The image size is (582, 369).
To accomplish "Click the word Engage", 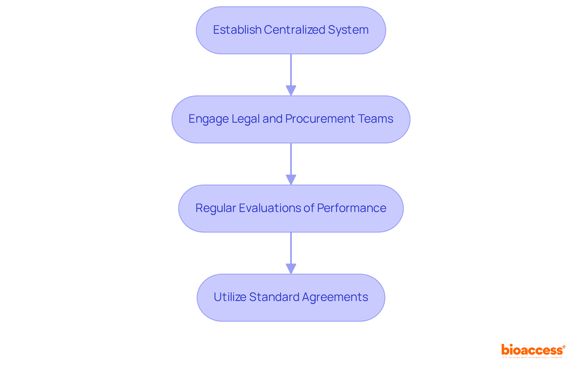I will click(209, 119).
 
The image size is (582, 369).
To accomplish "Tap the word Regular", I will click(216, 208).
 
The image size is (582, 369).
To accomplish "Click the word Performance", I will click(352, 208).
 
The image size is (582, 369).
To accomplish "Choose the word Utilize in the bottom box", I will click(230, 297).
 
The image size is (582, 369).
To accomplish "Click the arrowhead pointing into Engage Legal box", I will click(291, 91).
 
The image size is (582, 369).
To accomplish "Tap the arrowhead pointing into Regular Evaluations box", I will click(291, 179).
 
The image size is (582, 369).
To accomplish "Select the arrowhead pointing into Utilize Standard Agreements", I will click(291, 268).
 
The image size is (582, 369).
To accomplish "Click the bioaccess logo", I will click(532, 350).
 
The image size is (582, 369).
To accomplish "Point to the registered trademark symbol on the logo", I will click(564, 347).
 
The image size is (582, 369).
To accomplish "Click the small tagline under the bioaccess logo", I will click(532, 357).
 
